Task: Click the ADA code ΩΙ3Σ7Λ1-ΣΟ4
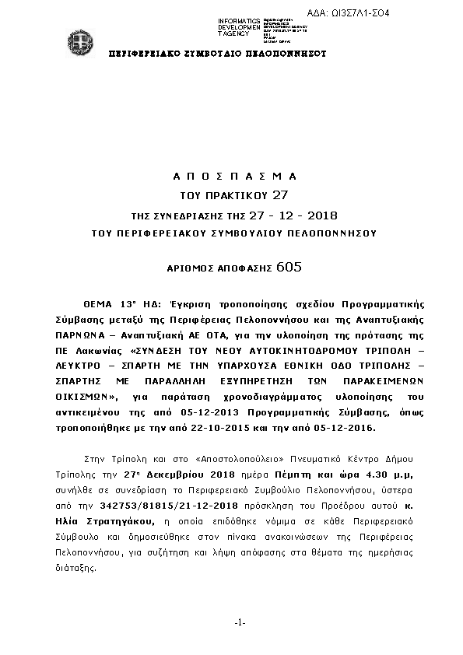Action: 395,14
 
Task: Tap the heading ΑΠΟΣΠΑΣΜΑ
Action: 233,176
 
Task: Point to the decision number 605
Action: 289,267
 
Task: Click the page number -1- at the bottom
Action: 240,622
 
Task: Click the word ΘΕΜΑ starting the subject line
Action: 99,304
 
